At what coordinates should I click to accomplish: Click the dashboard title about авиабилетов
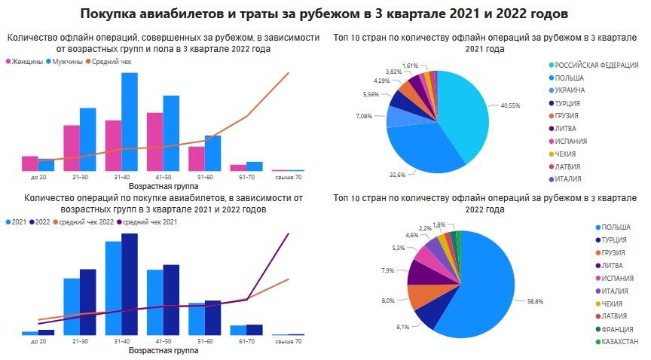click(325, 14)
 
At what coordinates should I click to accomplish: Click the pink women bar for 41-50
click(154, 142)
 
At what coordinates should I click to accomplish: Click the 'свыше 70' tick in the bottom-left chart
click(288, 341)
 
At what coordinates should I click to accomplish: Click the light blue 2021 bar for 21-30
click(72, 306)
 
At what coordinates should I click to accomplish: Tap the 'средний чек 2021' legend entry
click(149, 222)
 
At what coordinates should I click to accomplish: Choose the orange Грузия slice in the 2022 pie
click(423, 295)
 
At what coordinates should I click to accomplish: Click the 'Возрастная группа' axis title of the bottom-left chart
click(164, 350)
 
